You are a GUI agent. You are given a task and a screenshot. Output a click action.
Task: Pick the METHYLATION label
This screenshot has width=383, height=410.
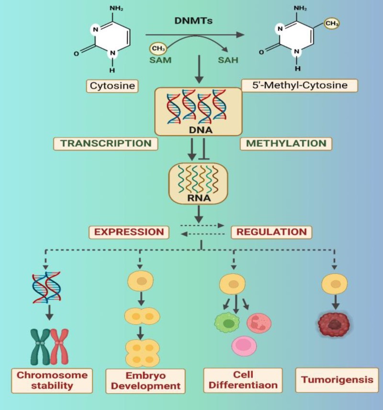(286, 143)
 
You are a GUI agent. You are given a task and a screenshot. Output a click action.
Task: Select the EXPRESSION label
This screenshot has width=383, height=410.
(129, 232)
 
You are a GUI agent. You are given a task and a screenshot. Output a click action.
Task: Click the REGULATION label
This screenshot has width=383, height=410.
(271, 232)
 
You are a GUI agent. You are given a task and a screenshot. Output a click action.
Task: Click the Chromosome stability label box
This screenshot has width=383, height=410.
(52, 380)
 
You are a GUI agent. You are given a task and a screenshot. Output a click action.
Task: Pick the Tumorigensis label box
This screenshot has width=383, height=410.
(337, 380)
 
